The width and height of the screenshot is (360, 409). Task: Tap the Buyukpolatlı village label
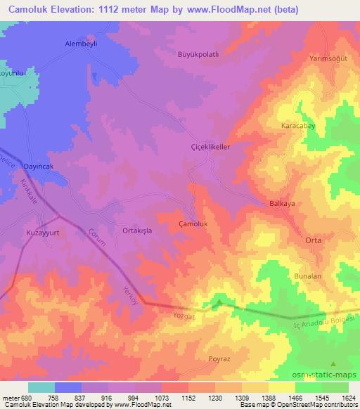(199, 54)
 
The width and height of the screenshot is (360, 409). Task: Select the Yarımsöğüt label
(328, 59)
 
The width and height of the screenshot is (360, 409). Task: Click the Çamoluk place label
(193, 224)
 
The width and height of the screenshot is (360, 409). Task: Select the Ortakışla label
(138, 229)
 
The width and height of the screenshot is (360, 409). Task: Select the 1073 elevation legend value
(162, 398)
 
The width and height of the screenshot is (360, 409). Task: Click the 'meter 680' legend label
(14, 398)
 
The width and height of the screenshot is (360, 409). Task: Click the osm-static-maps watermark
(330, 375)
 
